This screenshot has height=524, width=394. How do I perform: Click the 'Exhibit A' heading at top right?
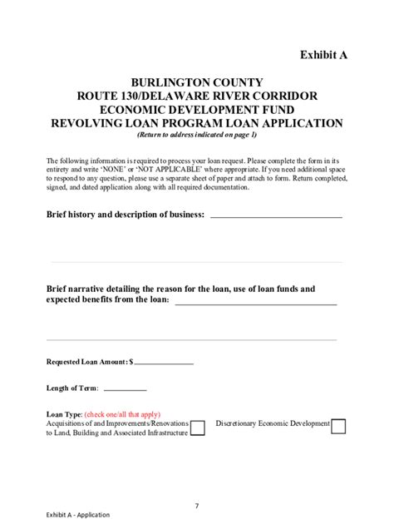coord(323,55)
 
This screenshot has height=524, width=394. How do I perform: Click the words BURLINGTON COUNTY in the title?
coord(196,82)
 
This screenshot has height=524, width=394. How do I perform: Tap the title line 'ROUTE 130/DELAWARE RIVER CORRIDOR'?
coord(196,96)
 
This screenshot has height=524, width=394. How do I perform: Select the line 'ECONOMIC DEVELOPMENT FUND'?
coord(196,110)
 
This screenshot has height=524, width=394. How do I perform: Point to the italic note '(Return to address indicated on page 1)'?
coord(196,135)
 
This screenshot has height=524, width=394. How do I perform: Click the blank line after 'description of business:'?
coord(276,216)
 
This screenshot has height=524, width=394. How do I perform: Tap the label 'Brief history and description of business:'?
coord(126,215)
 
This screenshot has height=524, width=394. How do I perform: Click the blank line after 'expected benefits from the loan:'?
coord(256,304)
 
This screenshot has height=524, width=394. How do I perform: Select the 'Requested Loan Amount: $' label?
coord(89,362)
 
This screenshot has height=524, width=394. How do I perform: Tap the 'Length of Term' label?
coord(72,388)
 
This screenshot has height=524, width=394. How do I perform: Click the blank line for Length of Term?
coord(125,390)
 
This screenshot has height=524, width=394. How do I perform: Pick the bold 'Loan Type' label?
coord(63,414)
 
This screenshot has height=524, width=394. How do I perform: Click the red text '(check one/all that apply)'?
coord(122,414)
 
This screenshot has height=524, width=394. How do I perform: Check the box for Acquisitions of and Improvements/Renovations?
coord(199,428)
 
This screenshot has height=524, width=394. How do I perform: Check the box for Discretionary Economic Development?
coord(338,427)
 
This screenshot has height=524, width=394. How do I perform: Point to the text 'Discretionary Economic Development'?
coord(273,423)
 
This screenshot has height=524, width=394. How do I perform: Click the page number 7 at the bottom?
coord(197,505)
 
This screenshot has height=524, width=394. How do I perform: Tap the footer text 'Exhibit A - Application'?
coord(78,515)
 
